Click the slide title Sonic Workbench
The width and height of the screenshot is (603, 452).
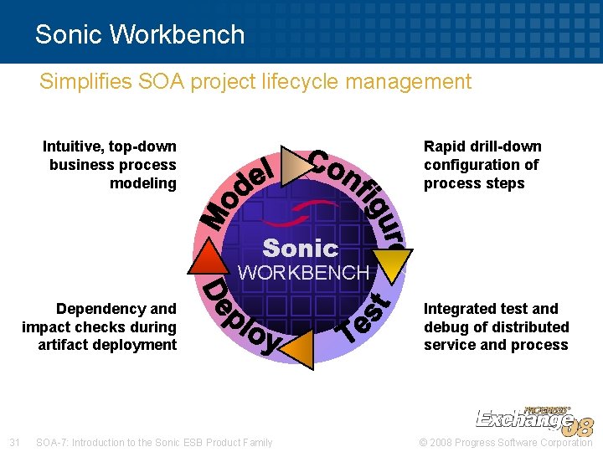pyautogui.click(x=140, y=34)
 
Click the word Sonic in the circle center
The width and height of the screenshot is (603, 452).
pyautogui.click(x=300, y=249)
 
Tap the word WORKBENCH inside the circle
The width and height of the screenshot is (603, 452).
pyautogui.click(x=303, y=273)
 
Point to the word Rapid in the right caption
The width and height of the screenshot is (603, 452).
pyautogui.click(x=444, y=146)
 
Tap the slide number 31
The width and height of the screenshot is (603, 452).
pyautogui.click(x=14, y=442)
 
